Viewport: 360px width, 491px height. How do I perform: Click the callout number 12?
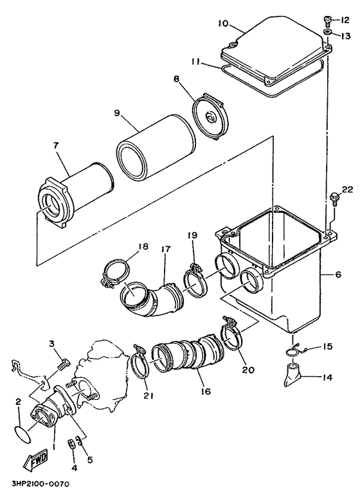345,21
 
